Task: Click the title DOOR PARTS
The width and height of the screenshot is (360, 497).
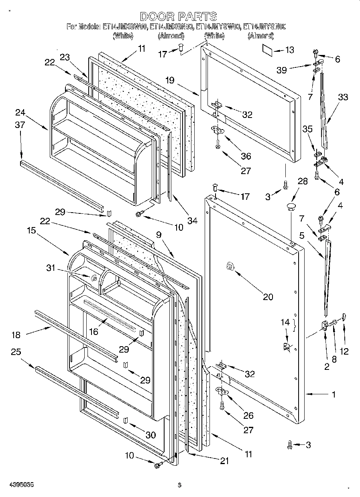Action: [x=179, y=16]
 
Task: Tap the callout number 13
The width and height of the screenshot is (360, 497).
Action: [x=289, y=50]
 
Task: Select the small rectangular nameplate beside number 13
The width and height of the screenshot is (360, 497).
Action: [x=268, y=49]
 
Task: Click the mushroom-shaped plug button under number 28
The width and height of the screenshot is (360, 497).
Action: [x=291, y=207]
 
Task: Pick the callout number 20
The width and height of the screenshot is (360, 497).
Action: [x=268, y=297]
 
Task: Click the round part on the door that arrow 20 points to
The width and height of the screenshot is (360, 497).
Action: [x=230, y=266]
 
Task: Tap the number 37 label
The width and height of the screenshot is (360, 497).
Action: [x=20, y=125]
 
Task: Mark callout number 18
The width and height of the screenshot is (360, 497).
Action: [x=16, y=335]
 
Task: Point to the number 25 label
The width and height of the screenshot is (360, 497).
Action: [x=16, y=352]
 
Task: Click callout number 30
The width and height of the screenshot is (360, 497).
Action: [x=151, y=435]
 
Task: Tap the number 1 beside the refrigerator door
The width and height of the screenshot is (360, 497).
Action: [x=334, y=394]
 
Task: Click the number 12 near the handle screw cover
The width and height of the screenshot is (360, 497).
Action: [x=344, y=351]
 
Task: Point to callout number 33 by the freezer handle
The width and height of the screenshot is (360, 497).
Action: [x=343, y=97]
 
